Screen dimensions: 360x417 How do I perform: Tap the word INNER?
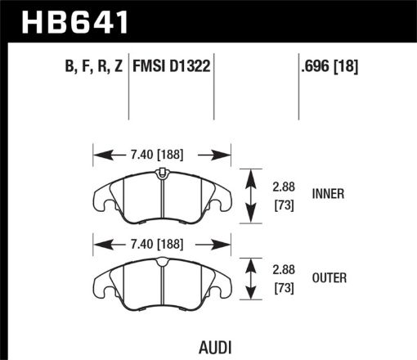coord(329,194)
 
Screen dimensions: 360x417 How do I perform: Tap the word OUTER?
coord(329,278)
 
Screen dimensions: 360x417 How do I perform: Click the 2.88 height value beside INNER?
coord(280,185)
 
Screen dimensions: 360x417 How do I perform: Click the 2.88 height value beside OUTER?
coord(280,269)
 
